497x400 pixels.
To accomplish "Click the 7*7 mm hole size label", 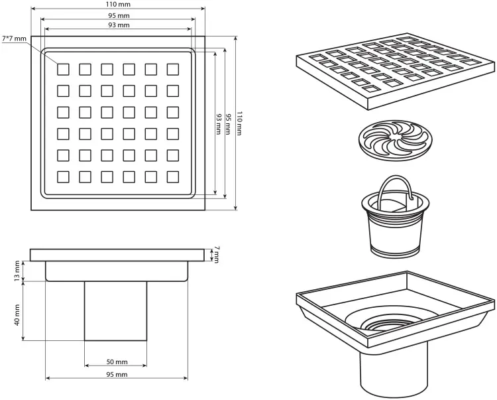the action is tap(15, 38).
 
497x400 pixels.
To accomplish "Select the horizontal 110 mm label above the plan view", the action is tap(117, 5).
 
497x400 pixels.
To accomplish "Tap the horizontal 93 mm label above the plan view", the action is tap(119, 25).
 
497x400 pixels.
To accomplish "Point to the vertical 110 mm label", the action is tap(240, 123).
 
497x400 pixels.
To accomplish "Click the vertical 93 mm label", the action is tap(219, 124).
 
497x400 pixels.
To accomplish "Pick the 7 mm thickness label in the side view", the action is tap(217, 255).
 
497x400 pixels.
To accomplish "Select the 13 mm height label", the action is tap(17, 271).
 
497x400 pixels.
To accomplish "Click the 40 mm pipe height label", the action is tap(17, 314).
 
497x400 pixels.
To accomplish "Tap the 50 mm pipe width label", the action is tap(117, 362).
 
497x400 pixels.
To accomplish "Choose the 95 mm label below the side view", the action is tap(117, 375).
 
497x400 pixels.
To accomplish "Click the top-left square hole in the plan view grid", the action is tap(63, 70).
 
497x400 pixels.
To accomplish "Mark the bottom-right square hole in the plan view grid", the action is tap(173, 177).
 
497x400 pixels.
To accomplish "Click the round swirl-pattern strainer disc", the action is tap(396, 140).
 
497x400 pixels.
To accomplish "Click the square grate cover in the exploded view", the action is tap(396, 71).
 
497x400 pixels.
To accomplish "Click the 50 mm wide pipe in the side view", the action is tap(116, 311).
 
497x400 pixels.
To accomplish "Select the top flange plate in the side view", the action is tap(117, 255).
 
